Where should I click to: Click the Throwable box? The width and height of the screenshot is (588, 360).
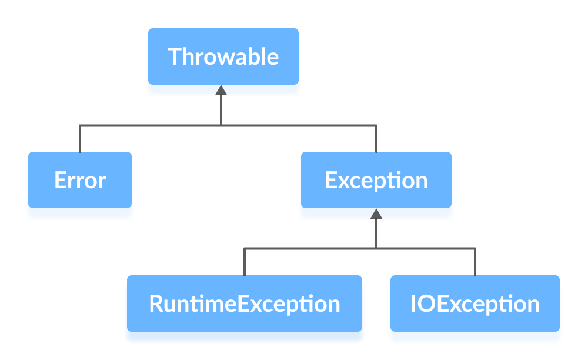point(223,56)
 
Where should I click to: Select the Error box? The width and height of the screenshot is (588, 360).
point(80,180)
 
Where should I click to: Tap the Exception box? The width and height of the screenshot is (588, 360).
point(376,180)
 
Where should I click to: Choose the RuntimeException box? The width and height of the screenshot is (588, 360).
point(245,304)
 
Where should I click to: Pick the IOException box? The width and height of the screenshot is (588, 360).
point(475,304)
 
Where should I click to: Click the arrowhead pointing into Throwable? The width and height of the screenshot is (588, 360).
point(221,90)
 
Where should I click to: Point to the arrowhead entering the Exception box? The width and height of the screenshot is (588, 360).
point(376,214)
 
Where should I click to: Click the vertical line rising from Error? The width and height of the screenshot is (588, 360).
point(80,139)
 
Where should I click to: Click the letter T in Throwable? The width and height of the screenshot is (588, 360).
point(175,56)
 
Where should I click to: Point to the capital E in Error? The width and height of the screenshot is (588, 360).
point(59,180)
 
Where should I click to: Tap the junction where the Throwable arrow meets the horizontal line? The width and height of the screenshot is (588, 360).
point(221,125)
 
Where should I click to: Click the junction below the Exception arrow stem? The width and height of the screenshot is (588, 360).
point(376,249)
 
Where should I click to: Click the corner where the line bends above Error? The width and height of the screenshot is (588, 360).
point(80,125)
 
